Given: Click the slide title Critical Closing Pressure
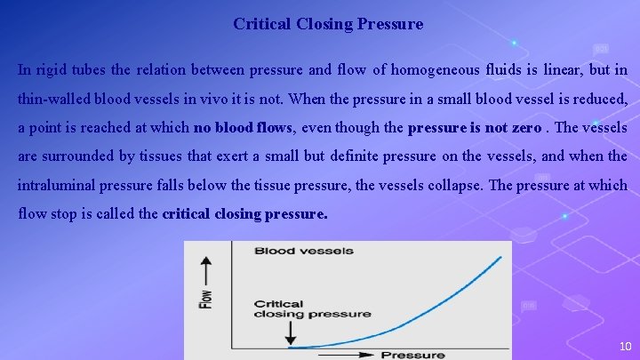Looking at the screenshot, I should [328, 24].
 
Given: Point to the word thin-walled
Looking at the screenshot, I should [55, 99].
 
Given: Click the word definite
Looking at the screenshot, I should [378, 156].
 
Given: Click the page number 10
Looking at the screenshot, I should [624, 346].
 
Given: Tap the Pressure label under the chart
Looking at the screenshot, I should [413, 355].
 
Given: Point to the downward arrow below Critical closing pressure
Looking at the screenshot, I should [290, 332].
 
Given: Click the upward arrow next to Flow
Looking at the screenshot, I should [206, 267].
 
